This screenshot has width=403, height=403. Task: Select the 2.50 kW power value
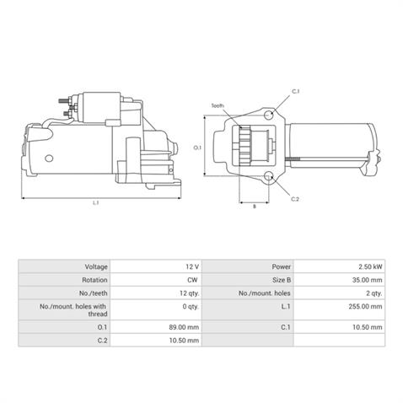[x=369, y=266]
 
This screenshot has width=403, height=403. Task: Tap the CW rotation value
[x=192, y=279]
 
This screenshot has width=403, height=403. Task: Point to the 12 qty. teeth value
[x=187, y=293]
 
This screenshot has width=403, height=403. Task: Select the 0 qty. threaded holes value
[x=188, y=308]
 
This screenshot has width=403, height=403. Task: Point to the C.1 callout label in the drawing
[x=295, y=91]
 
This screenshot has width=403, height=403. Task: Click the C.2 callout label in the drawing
[x=295, y=199]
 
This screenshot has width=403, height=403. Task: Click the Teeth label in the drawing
[x=218, y=106]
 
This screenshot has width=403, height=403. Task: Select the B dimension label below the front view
[x=255, y=205]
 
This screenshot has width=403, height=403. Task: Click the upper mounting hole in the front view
[x=268, y=115]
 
